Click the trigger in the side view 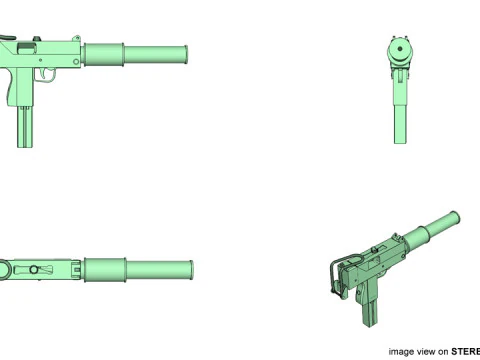pos(43,75)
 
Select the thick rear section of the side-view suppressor pos(105,53)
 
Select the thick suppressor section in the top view pos(105,269)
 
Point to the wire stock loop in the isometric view pos(333,275)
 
